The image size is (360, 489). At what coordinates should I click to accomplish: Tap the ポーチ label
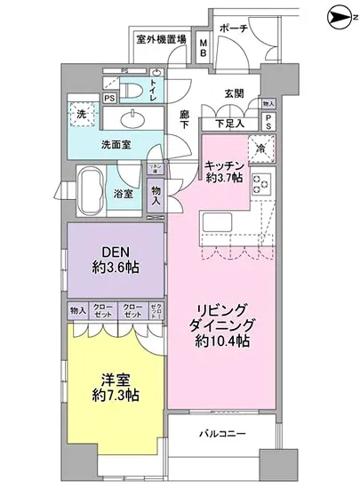(x=235, y=27)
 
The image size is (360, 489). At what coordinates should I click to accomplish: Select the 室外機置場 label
(x=162, y=39)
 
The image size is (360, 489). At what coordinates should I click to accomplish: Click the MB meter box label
(x=204, y=46)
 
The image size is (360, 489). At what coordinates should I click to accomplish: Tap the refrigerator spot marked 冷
(x=263, y=149)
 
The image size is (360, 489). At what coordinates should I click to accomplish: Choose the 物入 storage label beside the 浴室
(x=156, y=195)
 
